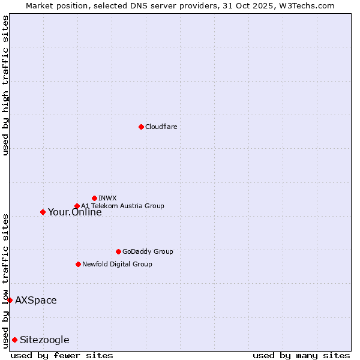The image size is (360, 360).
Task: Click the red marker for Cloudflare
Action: tap(141, 127)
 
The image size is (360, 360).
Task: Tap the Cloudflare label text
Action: tap(161, 127)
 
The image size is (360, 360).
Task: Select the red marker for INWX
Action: tap(94, 198)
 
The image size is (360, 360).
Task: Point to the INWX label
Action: tap(108, 198)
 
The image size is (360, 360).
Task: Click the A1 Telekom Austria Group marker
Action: tap(77, 206)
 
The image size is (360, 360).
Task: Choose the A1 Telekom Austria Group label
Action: tap(122, 206)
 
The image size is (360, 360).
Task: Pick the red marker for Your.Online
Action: tap(43, 212)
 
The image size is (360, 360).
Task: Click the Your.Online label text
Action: tap(75, 212)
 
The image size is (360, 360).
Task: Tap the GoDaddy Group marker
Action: tap(118, 251)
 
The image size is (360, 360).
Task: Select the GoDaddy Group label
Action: tap(148, 251)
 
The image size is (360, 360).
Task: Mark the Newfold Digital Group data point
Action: tap(78, 264)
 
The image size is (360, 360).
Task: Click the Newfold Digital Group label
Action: tap(117, 264)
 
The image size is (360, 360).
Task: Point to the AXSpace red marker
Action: tap(10, 300)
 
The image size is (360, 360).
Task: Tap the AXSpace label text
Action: tap(36, 300)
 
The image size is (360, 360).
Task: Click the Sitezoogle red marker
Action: tap(14, 340)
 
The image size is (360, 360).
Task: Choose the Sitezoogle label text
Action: tap(44, 340)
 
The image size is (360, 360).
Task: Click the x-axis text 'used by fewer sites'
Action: tap(62, 355)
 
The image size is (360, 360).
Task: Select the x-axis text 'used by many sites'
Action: tap(301, 355)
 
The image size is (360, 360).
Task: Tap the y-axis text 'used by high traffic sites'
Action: tap(5, 85)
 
